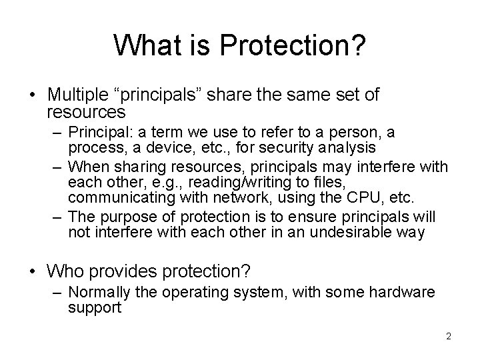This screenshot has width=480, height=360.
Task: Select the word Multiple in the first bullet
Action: coord(77,95)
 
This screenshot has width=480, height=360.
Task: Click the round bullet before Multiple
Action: coord(33,95)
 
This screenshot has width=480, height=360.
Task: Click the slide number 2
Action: coord(449,337)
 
